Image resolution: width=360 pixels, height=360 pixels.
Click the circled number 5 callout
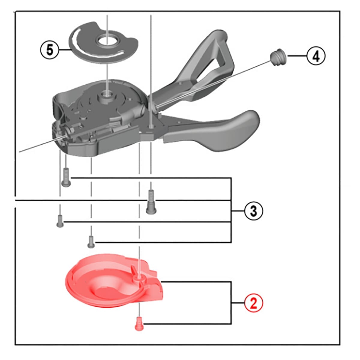click(49, 50)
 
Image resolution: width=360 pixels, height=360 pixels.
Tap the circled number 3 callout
click(253, 211)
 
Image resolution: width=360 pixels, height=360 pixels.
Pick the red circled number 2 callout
click(253, 303)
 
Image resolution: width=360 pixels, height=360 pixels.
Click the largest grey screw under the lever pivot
click(151, 202)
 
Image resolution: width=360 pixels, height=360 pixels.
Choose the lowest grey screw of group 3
click(91, 242)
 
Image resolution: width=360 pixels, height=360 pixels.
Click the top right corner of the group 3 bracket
click(232, 178)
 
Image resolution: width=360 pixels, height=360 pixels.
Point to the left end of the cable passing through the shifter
click(19, 152)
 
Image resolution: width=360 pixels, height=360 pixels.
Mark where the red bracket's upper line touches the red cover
click(161, 281)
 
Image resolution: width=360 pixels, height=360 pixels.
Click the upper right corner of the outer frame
click(340, 11)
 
